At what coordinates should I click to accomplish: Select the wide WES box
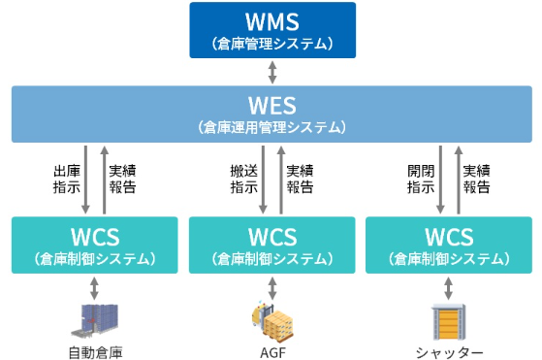(x=271, y=114)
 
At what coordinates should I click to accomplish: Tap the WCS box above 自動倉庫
(x=95, y=244)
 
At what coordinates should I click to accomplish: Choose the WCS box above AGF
(x=271, y=244)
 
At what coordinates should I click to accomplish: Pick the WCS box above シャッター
(x=448, y=244)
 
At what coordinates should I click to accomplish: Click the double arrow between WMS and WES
(x=272, y=72)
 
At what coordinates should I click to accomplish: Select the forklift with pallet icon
(x=271, y=318)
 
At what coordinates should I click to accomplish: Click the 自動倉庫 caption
(x=95, y=351)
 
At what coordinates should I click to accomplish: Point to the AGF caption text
(x=271, y=351)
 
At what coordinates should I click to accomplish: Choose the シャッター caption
(x=448, y=351)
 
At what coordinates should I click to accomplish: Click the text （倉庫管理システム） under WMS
(x=272, y=44)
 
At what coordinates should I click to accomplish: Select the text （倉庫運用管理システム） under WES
(x=271, y=128)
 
